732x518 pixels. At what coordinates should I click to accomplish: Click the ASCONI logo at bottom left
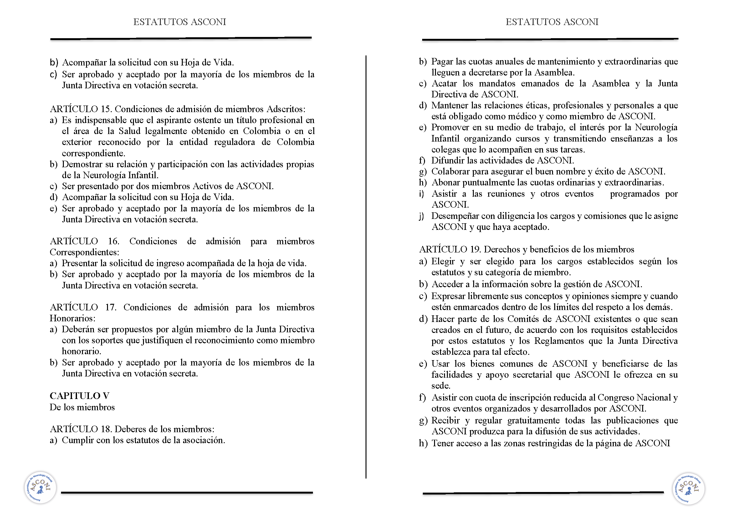[40, 488]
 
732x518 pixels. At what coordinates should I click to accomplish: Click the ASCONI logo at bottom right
[688, 489]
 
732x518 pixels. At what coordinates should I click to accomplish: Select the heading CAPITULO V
[80, 396]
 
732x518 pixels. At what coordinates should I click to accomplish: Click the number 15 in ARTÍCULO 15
[105, 109]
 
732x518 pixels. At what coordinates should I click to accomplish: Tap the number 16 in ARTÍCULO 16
[114, 241]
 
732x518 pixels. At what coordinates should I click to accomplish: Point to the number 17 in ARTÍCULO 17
[110, 307]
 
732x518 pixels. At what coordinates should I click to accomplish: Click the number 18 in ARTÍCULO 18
[105, 429]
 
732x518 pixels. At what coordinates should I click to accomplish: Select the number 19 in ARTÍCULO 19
[475, 249]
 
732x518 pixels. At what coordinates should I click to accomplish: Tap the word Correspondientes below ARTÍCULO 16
[84, 252]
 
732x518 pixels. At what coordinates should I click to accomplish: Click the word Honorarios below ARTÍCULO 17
[72, 318]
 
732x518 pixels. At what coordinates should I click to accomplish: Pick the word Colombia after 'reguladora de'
[295, 142]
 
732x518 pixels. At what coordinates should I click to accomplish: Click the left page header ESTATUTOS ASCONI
[180, 22]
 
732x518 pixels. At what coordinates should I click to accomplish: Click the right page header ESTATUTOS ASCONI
[552, 22]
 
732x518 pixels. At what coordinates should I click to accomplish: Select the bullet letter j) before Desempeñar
[422, 216]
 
